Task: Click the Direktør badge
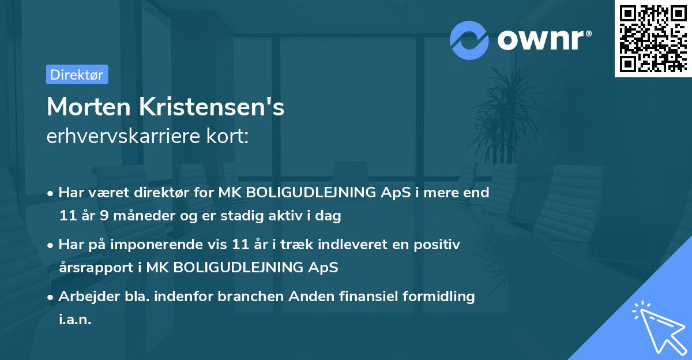coord(77,74)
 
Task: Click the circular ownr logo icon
coord(469,40)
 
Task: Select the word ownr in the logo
coord(543,40)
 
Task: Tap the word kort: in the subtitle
coord(229,137)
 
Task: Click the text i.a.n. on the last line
coord(75,320)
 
